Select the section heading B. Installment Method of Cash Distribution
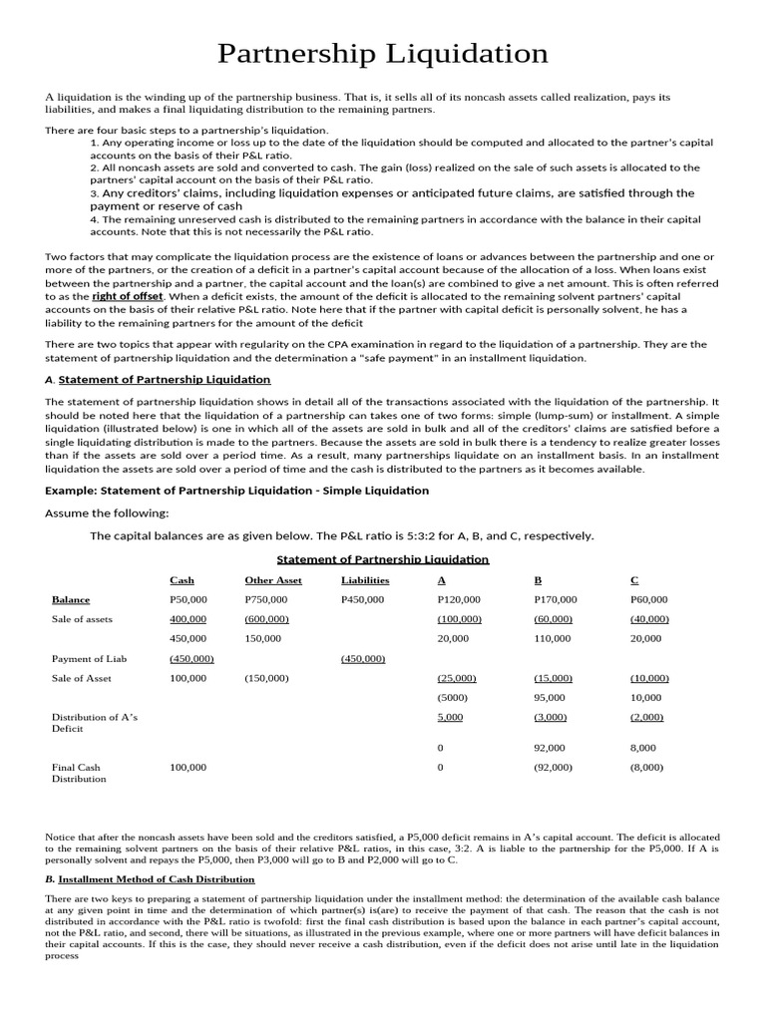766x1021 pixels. point(150,878)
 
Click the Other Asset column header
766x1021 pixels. point(272,579)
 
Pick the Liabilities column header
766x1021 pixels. point(365,579)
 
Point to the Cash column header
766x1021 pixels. point(183,579)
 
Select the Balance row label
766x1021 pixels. point(71,599)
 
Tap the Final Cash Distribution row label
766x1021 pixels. point(79,773)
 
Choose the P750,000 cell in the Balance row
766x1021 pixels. point(266,599)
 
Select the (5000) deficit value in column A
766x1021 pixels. point(452,697)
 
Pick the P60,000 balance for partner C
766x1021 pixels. point(649,599)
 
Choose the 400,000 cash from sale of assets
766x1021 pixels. point(189,619)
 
